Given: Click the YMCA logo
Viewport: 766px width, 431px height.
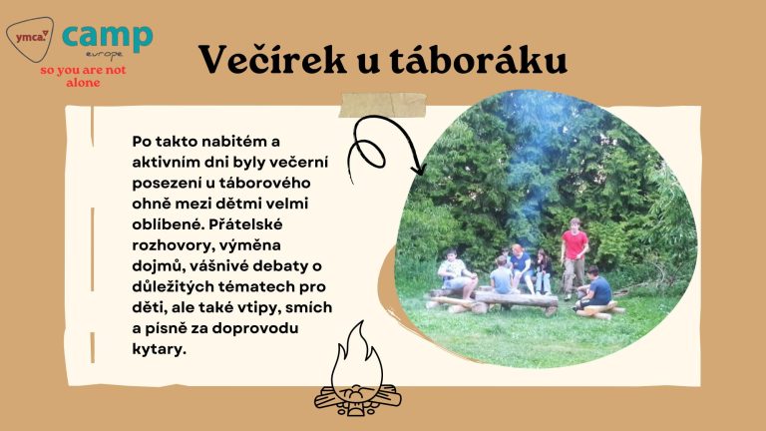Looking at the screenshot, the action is coord(30,39).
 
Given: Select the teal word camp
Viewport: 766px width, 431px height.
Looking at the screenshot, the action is coord(108,37).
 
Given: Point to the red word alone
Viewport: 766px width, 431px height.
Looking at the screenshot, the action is coord(83,83).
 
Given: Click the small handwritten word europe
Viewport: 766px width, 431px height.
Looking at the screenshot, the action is coord(104,53).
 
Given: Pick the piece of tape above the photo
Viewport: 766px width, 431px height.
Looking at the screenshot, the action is coord(382,106).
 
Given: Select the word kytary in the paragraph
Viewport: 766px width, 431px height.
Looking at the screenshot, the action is coord(160,349).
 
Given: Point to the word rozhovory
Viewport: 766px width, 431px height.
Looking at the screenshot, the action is coord(170,245).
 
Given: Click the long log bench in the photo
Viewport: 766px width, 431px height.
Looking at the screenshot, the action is coord(517,300).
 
